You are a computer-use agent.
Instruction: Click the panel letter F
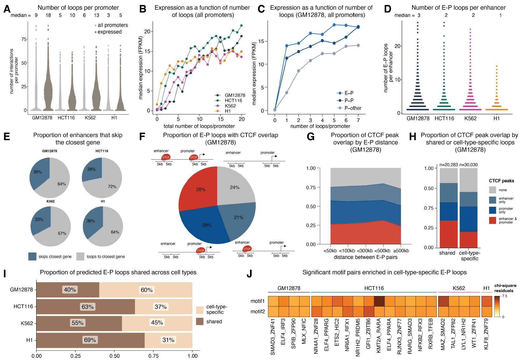pyautogui.click(x=142, y=137)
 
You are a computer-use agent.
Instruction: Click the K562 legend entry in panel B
pyautogui.click(x=230, y=106)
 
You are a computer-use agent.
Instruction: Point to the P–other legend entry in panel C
pyautogui.click(x=353, y=108)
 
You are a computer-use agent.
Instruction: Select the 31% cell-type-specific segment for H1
pyautogui.click(x=168, y=340)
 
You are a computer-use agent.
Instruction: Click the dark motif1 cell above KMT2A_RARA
pyautogui.click(x=379, y=301)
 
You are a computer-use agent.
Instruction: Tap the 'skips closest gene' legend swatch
pyautogui.click(x=32, y=256)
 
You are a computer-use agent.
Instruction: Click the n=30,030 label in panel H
pyautogui.click(x=468, y=165)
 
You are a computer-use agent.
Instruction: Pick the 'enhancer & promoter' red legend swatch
pyautogui.click(x=492, y=220)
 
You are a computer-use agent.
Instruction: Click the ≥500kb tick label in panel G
pyautogui.click(x=401, y=251)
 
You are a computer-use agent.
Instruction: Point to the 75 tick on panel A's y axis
pyautogui.click(x=24, y=39)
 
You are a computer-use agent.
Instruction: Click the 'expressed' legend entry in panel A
pyautogui.click(x=109, y=32)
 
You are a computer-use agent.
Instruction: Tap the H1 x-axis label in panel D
pyautogui.click(x=496, y=119)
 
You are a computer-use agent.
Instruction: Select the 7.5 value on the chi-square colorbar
pyautogui.click(x=504, y=296)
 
